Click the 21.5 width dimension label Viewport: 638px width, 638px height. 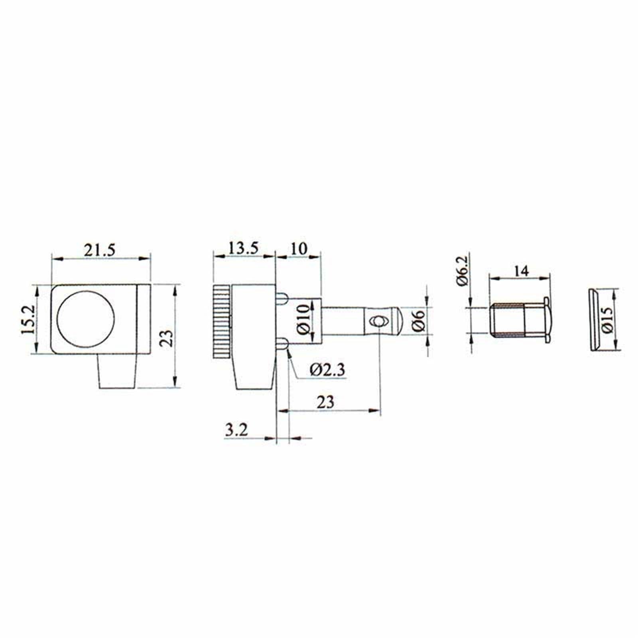click(x=99, y=250)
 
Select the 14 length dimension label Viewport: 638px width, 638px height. click(x=521, y=271)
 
